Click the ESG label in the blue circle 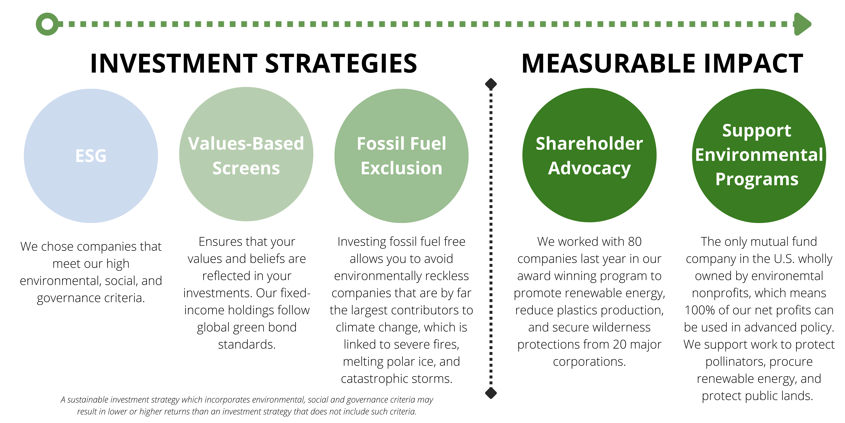(91, 156)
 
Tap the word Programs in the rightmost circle (757, 180)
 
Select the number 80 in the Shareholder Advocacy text (635, 242)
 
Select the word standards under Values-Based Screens (247, 345)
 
